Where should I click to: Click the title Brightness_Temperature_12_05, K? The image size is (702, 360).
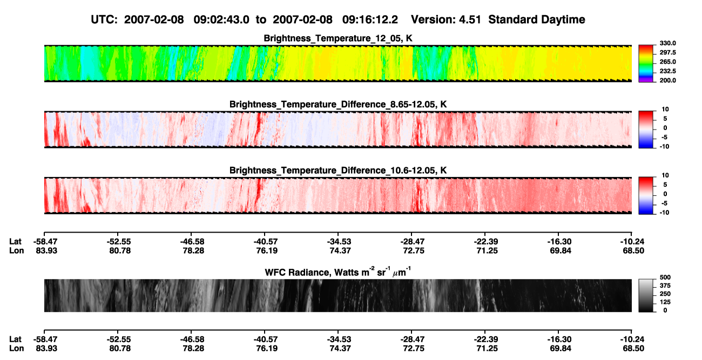[x=338, y=38]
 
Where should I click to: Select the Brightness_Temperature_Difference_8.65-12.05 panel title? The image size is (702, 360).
[x=338, y=104]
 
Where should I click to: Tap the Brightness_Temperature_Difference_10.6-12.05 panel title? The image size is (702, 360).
[x=338, y=171]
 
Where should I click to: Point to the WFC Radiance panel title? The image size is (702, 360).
[x=338, y=271]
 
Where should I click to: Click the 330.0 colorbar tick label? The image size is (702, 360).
[x=667, y=43]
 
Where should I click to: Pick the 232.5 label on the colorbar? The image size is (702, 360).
[x=667, y=71]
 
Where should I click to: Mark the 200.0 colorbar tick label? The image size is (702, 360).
[x=667, y=80]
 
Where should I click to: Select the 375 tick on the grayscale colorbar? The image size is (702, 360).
[x=665, y=286]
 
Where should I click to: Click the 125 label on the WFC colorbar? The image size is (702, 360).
[x=665, y=302]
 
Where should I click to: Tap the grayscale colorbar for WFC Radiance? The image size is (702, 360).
[x=646, y=295]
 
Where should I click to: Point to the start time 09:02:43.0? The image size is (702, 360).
[x=221, y=20]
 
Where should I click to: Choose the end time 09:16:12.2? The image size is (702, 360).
[x=370, y=20]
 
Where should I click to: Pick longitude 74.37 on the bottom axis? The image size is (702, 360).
[x=340, y=349]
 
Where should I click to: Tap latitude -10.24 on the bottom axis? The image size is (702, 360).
[x=632, y=339]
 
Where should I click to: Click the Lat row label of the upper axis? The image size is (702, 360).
[x=15, y=242]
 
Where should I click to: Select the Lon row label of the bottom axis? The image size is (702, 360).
[x=16, y=349]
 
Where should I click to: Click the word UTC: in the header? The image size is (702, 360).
[x=104, y=20]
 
